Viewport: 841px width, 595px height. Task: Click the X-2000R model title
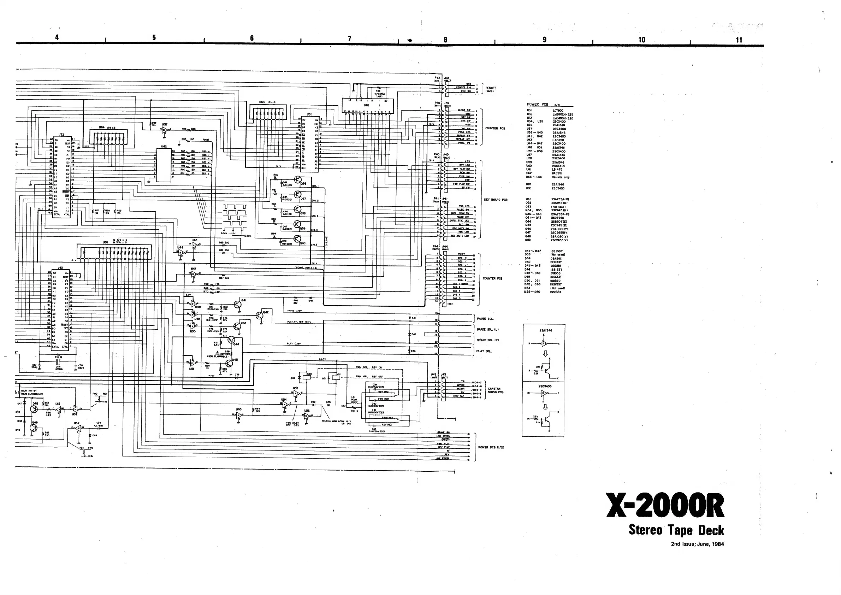[x=665, y=506]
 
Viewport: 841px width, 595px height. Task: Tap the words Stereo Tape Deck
[x=676, y=530]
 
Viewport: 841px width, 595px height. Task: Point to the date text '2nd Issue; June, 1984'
[x=697, y=544]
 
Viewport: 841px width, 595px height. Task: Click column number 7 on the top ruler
[x=349, y=39]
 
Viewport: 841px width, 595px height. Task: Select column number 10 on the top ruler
[x=641, y=40]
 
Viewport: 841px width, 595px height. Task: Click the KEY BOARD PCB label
[x=496, y=200]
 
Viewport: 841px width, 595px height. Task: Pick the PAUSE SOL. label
[x=485, y=319]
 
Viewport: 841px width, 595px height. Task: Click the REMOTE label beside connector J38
[x=491, y=88]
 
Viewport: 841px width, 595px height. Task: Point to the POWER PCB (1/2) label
[x=491, y=447]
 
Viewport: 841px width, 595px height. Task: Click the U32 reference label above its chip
[x=61, y=135]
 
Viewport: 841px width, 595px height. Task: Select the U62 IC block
[x=164, y=165]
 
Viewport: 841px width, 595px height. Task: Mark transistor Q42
[x=260, y=315]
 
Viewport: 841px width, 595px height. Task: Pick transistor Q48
[x=34, y=408]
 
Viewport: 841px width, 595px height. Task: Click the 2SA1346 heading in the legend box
[x=545, y=330]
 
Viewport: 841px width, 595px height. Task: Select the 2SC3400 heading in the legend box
[x=545, y=386]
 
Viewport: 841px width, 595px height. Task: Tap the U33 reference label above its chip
[x=60, y=268]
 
